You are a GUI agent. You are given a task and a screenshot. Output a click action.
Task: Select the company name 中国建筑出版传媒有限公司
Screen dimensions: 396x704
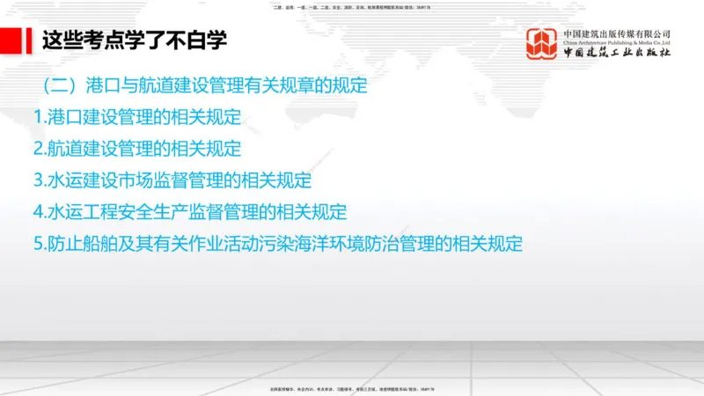(617, 33)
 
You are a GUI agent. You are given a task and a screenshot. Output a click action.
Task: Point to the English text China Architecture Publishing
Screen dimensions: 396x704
(617, 42)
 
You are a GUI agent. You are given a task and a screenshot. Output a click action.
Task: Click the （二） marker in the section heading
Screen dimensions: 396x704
(60, 86)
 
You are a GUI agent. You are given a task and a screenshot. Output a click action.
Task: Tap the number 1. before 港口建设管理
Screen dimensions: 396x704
(40, 117)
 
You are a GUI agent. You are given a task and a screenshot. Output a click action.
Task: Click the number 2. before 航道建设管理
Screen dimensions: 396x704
(40, 149)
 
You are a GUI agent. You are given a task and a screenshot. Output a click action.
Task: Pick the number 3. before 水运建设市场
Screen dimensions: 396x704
(40, 180)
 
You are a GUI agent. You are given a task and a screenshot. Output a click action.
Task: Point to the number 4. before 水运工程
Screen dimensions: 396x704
(40, 212)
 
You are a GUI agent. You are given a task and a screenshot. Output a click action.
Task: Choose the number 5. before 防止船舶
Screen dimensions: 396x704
(40, 244)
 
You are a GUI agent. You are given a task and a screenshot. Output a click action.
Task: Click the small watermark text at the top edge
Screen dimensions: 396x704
(352, 7)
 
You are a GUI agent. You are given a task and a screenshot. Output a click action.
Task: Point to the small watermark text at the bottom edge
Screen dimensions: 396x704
(352, 389)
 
